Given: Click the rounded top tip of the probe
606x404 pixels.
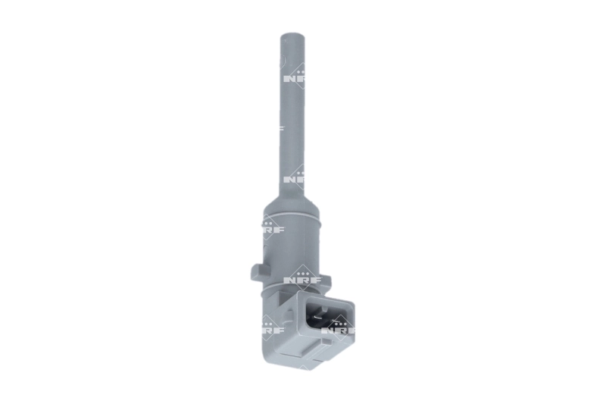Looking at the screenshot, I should pos(292,36).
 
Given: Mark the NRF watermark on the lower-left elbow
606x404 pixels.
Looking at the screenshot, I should pos(270,330).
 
